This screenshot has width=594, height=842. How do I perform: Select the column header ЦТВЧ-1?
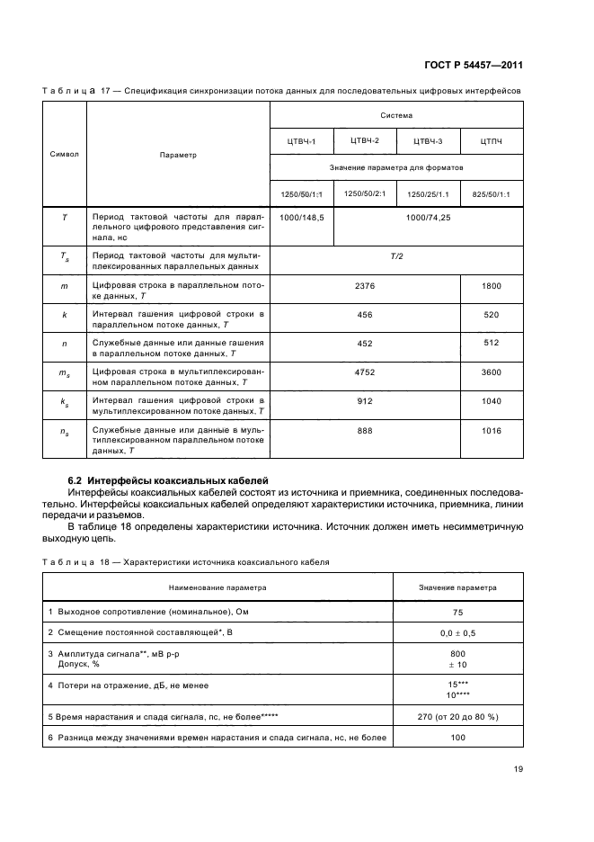pos(301,141)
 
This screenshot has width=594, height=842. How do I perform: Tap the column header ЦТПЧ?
pos(491,141)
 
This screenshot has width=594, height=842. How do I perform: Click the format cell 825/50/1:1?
pos(491,193)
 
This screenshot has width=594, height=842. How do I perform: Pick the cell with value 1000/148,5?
pos(301,218)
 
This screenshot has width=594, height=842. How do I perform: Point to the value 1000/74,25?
pos(428,218)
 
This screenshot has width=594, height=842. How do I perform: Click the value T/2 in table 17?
pos(396,256)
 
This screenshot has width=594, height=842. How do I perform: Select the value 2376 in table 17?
pos(365,285)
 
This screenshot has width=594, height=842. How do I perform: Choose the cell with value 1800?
pos(492,285)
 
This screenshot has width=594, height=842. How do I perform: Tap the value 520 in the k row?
pos(492,314)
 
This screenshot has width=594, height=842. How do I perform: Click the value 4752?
pos(365,372)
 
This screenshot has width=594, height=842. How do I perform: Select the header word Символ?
pos(64,154)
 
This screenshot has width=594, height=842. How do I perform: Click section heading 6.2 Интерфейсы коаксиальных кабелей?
pos(170,481)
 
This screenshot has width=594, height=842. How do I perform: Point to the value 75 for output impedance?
pos(457,611)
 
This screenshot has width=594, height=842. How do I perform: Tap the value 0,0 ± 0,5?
pos(457,632)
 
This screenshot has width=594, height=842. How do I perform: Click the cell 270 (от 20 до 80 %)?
pos(457,716)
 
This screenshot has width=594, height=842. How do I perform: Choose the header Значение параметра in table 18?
pos(457,587)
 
